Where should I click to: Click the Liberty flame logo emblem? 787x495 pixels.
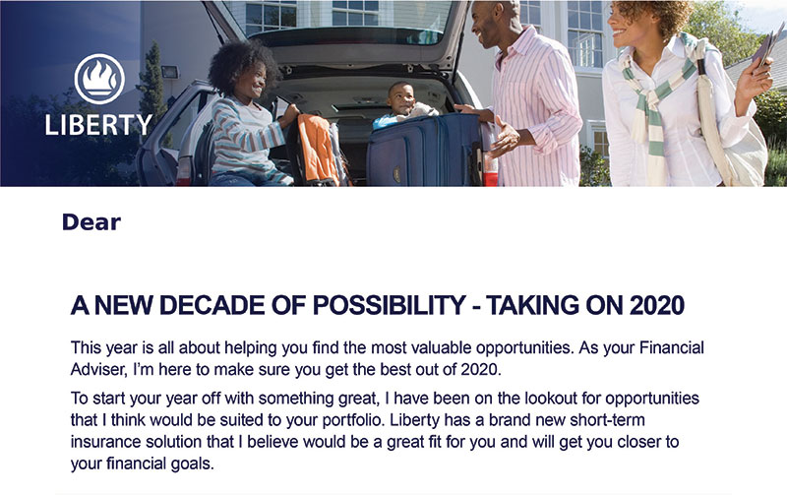99,79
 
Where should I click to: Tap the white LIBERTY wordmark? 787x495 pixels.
99,125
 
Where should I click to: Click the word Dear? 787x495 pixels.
91,222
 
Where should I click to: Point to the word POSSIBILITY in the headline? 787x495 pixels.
389,305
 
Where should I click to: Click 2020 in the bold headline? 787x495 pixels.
657,305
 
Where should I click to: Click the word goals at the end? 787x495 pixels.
192,464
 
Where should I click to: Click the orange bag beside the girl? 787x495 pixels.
318,150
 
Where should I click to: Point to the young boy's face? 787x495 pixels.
401,98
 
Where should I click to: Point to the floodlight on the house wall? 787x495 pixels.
169,72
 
